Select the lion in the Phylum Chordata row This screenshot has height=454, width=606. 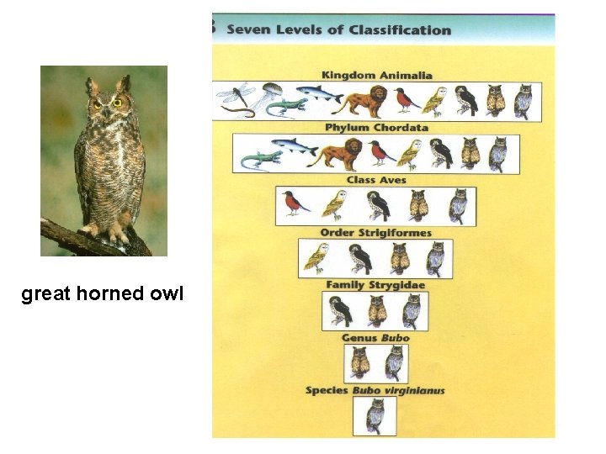338,153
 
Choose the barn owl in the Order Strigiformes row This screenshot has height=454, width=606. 316,257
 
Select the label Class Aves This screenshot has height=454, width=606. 375,180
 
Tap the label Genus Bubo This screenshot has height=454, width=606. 375,338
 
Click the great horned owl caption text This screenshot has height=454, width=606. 102,295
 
